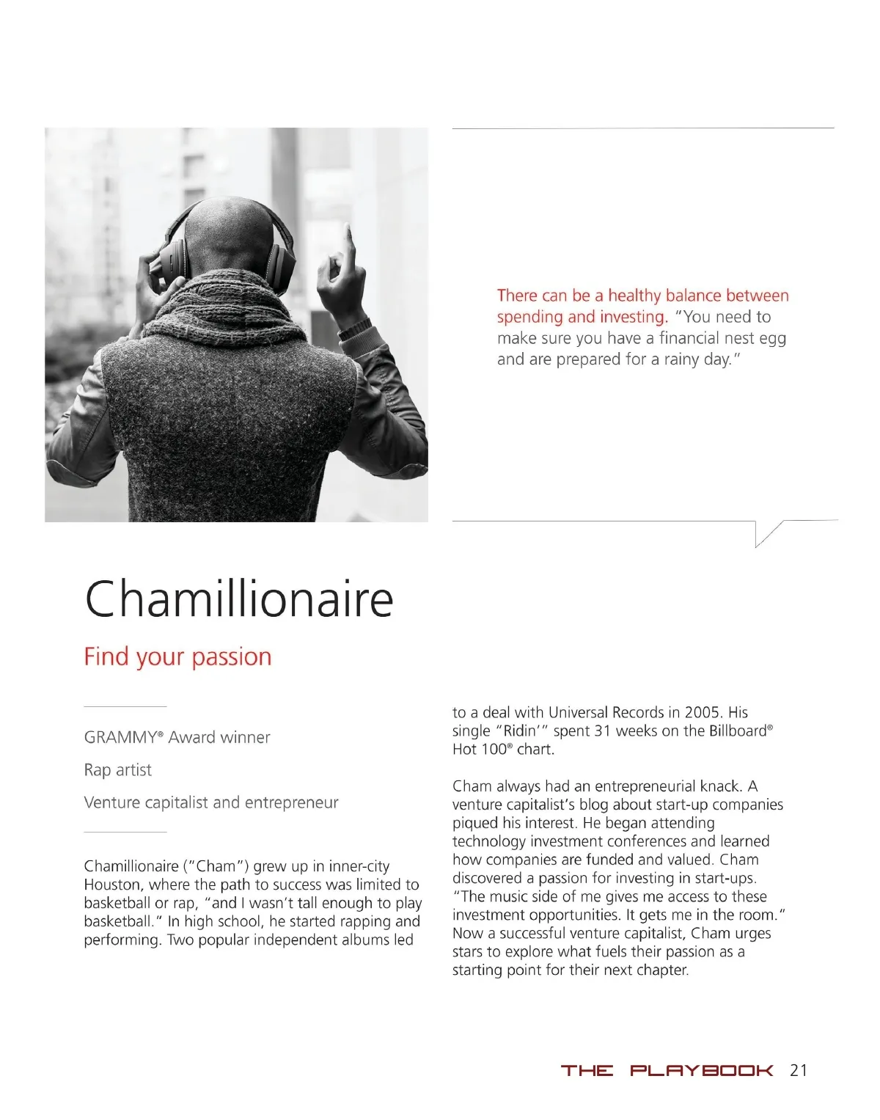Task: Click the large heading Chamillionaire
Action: pyautogui.click(x=239, y=599)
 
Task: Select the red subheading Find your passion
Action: pyautogui.click(x=177, y=656)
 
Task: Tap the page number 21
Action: pyautogui.click(x=799, y=1070)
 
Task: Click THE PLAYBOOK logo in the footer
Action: pyautogui.click(x=667, y=1071)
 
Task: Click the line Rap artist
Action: pyautogui.click(x=117, y=770)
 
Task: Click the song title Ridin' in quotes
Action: pyautogui.click(x=522, y=731)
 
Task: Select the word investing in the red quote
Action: pyautogui.click(x=632, y=317)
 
